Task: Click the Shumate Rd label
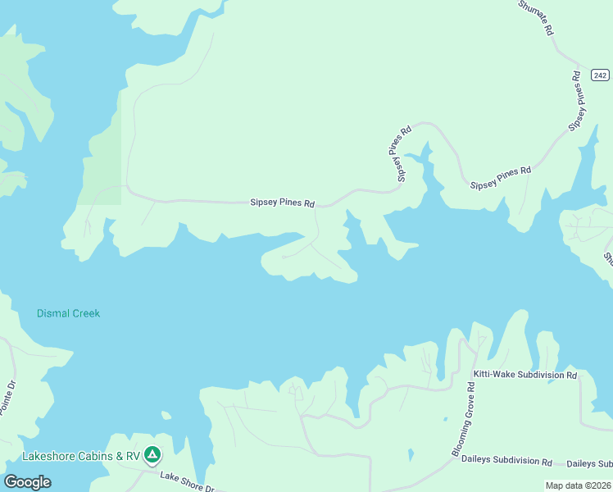[x=538, y=17]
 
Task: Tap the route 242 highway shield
[x=600, y=75]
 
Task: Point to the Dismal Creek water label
[x=68, y=313]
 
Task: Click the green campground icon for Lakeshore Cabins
[x=152, y=453]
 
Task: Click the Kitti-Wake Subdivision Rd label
[x=525, y=375]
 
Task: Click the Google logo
[x=28, y=481]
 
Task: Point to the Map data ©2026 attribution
[x=577, y=485]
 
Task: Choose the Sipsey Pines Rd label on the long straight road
[x=283, y=203]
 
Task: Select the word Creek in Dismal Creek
[x=84, y=313]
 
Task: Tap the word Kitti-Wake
[x=493, y=375]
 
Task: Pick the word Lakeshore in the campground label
[x=43, y=456]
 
